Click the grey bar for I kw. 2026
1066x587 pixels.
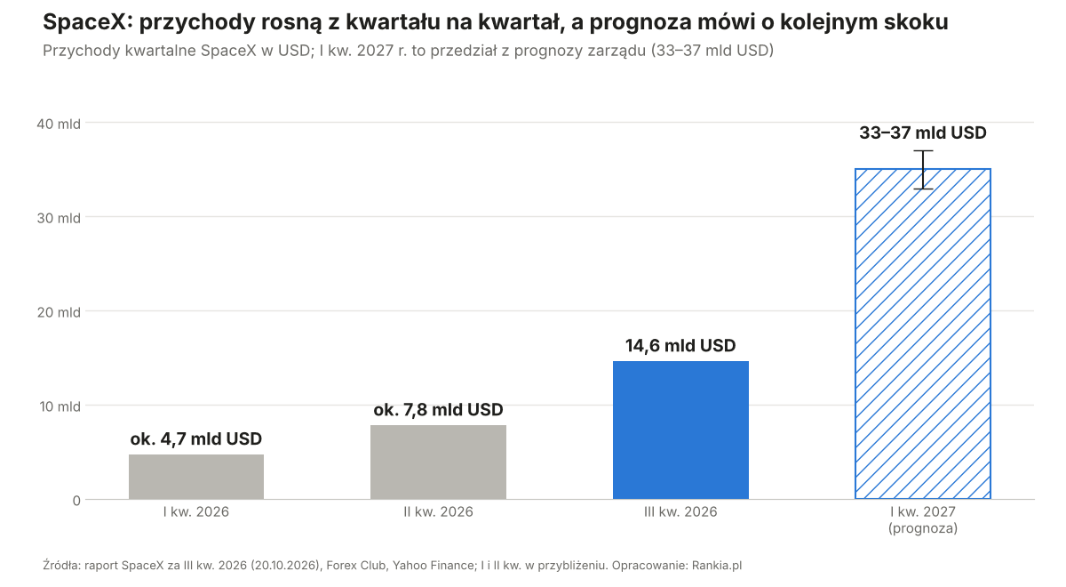196,477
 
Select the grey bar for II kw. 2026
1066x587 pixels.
438,462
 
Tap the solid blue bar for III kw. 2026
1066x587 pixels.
680,430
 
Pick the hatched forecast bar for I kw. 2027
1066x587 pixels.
923,334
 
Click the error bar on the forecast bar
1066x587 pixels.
923,170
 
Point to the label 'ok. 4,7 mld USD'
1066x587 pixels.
196,438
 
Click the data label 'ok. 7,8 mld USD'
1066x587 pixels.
438,410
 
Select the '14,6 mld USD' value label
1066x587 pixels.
680,345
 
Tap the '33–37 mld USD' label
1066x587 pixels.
923,133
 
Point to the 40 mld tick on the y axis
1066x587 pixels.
59,124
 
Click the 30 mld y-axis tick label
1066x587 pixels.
59,218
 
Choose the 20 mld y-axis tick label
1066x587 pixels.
59,312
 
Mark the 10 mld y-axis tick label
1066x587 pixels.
60,406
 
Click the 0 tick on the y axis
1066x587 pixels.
76,501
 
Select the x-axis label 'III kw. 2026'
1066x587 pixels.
680,511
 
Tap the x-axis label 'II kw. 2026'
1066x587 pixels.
438,511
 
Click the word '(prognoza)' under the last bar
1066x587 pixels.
923,528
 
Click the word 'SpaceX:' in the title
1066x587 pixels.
88,22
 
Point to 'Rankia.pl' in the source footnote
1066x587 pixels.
717,566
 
